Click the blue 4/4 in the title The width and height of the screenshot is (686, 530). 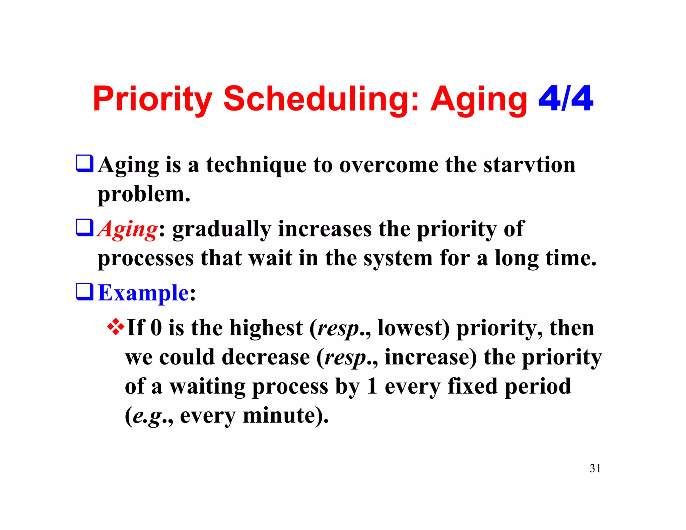(565, 98)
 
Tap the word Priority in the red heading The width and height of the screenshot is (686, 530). (152, 99)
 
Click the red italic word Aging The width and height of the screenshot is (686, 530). (128, 230)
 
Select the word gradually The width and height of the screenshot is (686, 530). (221, 230)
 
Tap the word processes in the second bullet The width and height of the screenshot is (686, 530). (146, 259)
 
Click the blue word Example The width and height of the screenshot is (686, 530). (143, 293)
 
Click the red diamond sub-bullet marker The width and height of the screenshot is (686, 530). (116, 327)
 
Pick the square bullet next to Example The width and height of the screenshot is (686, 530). (84, 291)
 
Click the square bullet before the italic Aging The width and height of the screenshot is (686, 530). (84, 227)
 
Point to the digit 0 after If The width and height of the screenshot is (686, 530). (156, 328)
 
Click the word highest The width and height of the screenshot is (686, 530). (266, 328)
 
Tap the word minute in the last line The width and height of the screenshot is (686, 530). (279, 416)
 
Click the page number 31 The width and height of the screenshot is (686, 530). (595, 468)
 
